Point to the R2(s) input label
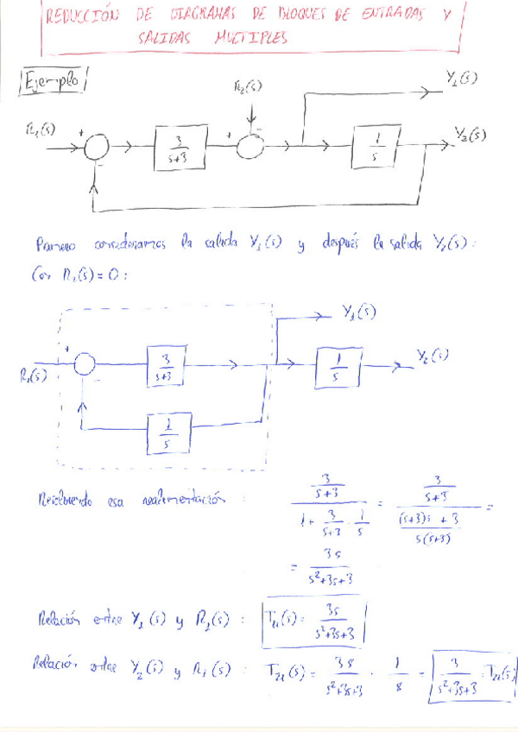[250, 89]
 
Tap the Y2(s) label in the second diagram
[432, 355]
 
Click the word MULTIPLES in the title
[251, 39]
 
